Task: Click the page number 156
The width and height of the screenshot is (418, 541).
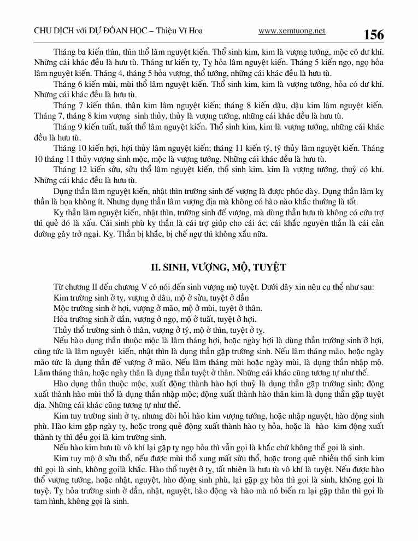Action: click(374, 35)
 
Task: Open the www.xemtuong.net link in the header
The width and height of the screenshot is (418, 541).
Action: click(292, 31)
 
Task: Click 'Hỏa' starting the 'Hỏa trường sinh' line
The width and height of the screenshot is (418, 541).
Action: click(63, 319)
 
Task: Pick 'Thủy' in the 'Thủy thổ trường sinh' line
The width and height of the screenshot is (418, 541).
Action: click(64, 330)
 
